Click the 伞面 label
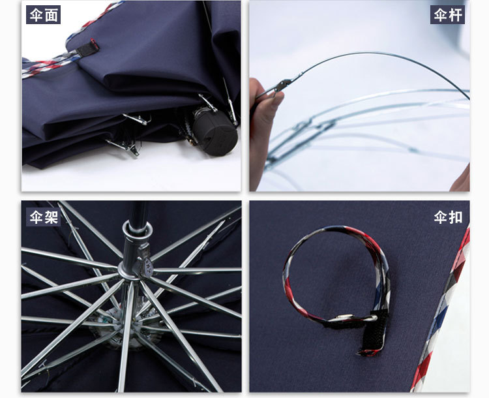click(43, 14)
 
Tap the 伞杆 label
click(447, 14)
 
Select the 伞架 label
click(43, 217)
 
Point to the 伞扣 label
click(448, 217)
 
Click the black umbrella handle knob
click(215, 130)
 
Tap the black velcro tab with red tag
click(88, 48)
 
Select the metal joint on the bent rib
click(283, 85)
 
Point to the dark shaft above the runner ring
click(138, 211)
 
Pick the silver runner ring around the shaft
click(138, 227)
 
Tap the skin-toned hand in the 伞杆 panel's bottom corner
click(461, 179)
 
